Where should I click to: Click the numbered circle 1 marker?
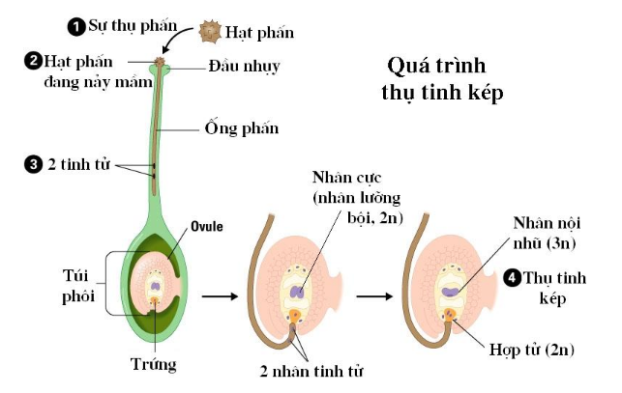point(76,27)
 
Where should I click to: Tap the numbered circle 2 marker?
point(33,62)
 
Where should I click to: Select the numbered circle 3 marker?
point(33,164)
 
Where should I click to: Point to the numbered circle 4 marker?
point(512,278)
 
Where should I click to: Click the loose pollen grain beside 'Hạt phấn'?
point(210,32)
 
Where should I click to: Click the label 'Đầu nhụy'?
point(245,67)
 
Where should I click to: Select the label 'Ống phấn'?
point(242,128)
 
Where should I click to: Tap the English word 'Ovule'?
point(207,226)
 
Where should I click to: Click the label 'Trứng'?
point(154,364)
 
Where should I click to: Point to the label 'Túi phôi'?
point(78,286)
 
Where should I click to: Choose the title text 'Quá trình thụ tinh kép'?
point(442,79)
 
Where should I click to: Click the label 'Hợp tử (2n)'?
point(532,350)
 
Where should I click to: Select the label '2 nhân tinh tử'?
point(311,371)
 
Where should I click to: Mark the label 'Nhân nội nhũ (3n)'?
point(547,233)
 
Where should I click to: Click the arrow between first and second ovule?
point(221,296)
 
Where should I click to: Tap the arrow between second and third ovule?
point(374,296)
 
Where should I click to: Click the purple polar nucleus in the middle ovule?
point(297,293)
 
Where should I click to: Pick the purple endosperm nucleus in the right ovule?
point(451,292)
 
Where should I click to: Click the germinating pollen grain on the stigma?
point(160,62)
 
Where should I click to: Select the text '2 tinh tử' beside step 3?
point(78,164)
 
